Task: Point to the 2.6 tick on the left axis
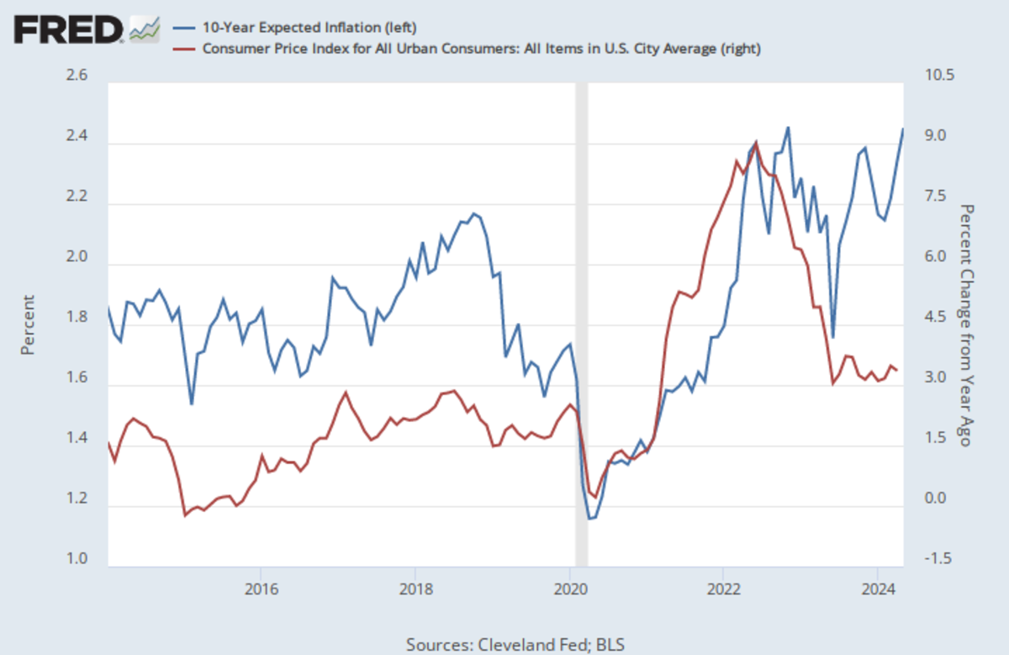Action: [77, 77]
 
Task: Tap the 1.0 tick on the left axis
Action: [77, 561]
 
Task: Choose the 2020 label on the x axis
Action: [570, 585]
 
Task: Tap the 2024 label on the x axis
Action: [878, 585]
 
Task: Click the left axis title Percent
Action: [28, 324]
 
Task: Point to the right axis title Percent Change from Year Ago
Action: [968, 325]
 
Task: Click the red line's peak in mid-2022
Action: [756, 142]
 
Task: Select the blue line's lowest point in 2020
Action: [590, 519]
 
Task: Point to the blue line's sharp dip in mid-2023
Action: [832, 337]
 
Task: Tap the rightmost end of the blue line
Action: [903, 129]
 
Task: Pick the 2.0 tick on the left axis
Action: [77, 258]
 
